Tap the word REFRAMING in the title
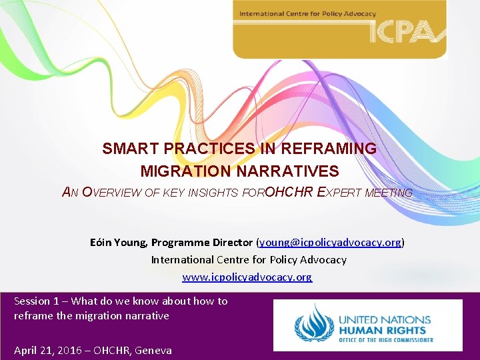tap(337, 149)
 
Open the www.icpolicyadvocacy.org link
tap(247, 277)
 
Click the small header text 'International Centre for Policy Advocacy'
tap(307, 13)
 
